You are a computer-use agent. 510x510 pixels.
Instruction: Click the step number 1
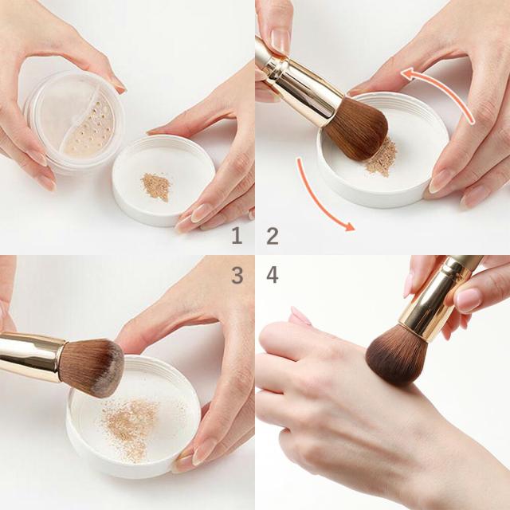tap(237, 236)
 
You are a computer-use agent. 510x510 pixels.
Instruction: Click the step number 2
tap(273, 236)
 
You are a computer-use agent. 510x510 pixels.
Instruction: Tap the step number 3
tap(237, 275)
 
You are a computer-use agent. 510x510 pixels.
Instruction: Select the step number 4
tap(273, 275)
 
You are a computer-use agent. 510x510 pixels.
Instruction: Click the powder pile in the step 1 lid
tap(156, 186)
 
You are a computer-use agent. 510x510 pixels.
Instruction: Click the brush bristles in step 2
tap(358, 130)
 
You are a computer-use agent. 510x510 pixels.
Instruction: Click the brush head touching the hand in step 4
tap(397, 356)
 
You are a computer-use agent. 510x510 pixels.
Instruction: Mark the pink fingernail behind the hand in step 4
tap(300, 316)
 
